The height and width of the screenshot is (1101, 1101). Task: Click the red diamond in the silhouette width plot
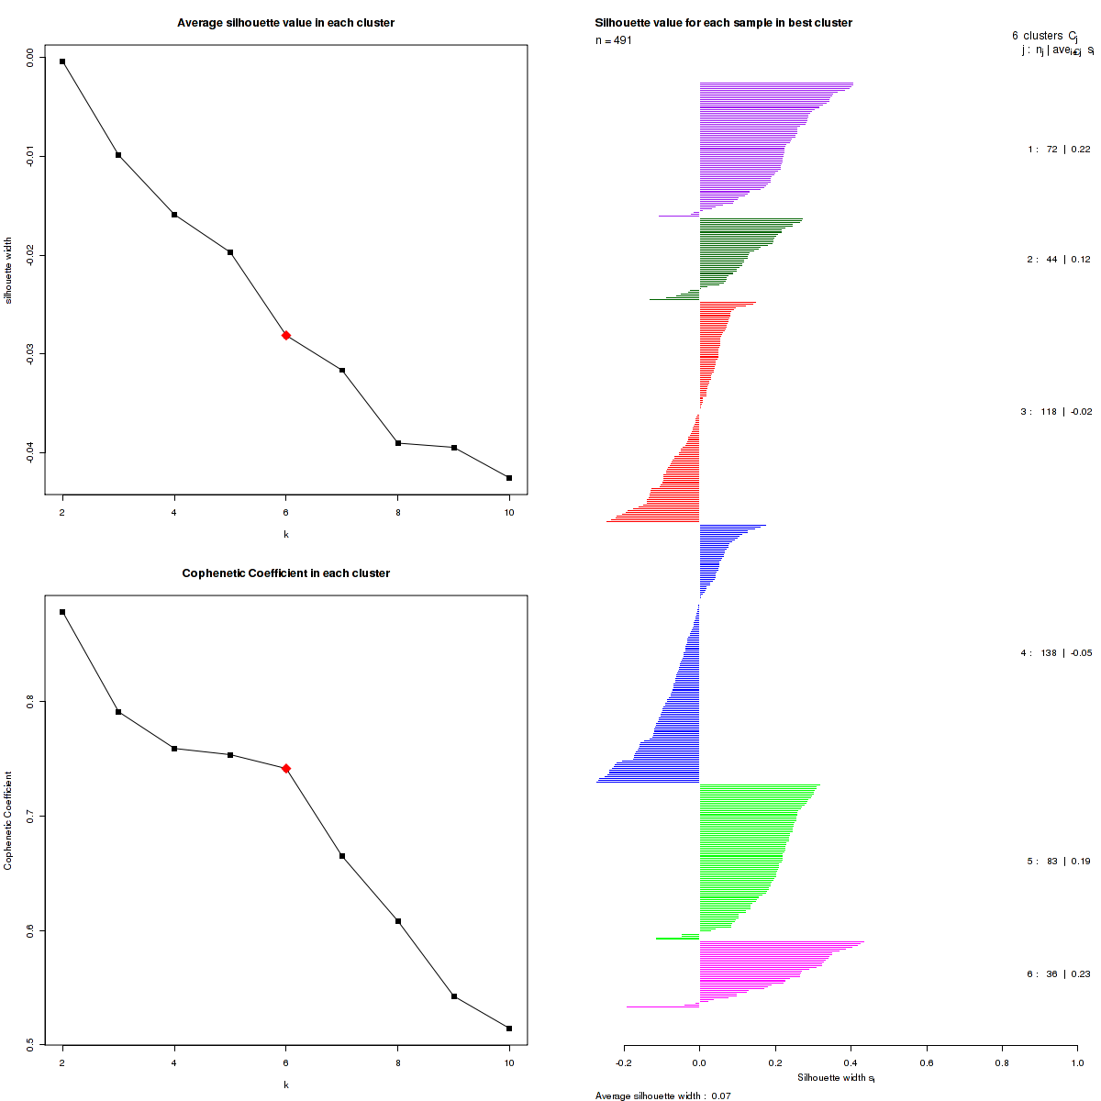click(x=286, y=336)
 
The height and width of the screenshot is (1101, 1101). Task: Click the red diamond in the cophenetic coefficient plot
click(x=286, y=768)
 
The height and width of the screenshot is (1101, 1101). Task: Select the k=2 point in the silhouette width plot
click(x=62, y=61)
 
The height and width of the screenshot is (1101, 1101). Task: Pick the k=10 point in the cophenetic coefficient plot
click(x=509, y=1029)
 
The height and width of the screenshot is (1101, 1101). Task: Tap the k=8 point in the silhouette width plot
click(x=398, y=443)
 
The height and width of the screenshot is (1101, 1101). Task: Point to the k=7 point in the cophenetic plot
click(x=342, y=856)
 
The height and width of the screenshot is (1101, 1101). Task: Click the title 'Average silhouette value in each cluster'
click(x=285, y=23)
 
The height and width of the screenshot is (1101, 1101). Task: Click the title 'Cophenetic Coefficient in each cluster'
click(x=285, y=573)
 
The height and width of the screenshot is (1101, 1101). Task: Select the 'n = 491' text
click(x=614, y=40)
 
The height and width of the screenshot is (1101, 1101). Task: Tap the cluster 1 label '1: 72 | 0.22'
click(x=1059, y=150)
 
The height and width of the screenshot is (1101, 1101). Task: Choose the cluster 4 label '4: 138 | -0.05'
click(x=1056, y=653)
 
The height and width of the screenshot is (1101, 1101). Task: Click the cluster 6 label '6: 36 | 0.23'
click(x=1059, y=974)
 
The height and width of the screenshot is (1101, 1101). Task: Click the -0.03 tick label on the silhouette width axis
click(x=29, y=353)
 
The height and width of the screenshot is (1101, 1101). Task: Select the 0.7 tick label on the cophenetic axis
click(x=29, y=816)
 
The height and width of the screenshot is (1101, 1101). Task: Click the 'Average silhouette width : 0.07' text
click(x=662, y=1095)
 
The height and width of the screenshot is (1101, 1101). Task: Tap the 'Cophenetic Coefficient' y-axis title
click(x=8, y=820)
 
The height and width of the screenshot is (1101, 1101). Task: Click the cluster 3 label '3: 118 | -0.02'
click(x=1056, y=412)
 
